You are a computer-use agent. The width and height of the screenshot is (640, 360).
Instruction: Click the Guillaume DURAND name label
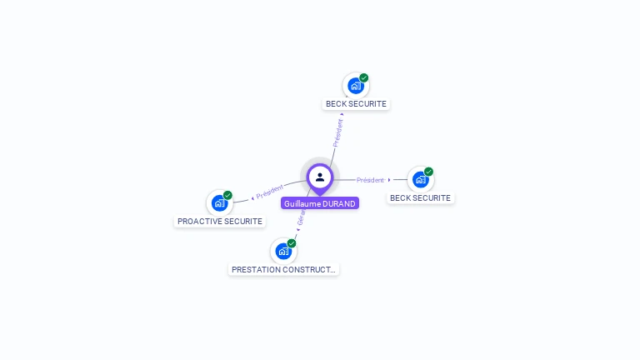(x=319, y=203)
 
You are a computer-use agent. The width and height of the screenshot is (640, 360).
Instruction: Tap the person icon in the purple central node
(x=320, y=177)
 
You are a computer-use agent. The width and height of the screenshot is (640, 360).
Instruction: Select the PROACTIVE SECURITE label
(x=220, y=222)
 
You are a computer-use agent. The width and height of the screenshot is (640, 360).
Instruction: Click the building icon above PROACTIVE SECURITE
(x=219, y=202)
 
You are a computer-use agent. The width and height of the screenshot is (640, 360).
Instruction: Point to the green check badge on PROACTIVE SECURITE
(x=227, y=195)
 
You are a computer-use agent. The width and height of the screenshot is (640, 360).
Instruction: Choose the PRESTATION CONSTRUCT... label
(x=283, y=270)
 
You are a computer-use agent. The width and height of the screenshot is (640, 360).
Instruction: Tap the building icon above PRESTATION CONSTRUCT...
(x=283, y=251)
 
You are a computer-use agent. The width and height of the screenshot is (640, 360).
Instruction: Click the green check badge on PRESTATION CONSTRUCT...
(x=292, y=243)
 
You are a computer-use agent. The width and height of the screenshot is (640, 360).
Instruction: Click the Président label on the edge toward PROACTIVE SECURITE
(x=270, y=192)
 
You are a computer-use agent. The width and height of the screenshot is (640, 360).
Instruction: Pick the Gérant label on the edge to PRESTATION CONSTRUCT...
(x=302, y=218)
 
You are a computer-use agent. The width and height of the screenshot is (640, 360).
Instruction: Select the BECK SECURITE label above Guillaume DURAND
(x=356, y=104)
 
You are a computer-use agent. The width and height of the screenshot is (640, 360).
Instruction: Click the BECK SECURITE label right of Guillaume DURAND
(x=420, y=198)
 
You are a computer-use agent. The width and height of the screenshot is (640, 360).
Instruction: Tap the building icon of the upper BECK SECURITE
(x=356, y=86)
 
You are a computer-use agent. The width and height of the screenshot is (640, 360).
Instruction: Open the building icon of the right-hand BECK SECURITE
(x=420, y=179)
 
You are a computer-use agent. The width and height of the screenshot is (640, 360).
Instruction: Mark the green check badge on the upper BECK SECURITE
(x=364, y=77)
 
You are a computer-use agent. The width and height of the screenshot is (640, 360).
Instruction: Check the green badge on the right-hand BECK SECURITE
(x=428, y=172)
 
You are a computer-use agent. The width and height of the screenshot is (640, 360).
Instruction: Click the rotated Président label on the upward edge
(x=337, y=132)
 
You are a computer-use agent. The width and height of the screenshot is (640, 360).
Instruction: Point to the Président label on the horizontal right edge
(x=370, y=180)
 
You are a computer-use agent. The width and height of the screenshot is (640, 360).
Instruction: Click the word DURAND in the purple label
(x=338, y=203)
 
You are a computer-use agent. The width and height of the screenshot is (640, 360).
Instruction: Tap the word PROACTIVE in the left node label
(x=200, y=222)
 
